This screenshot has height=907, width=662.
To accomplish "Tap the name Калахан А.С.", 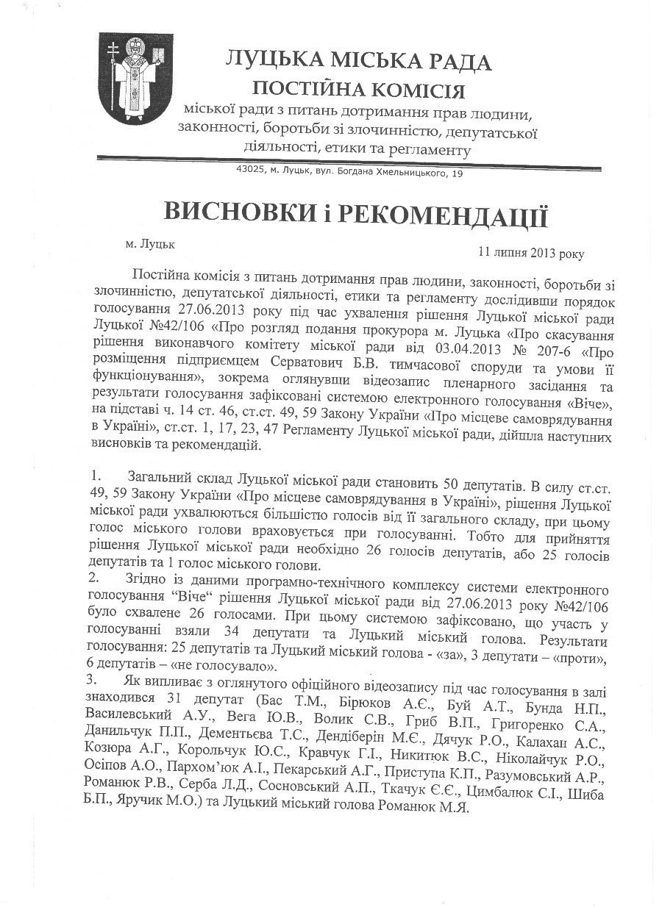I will pyautogui.click(x=566, y=742).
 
